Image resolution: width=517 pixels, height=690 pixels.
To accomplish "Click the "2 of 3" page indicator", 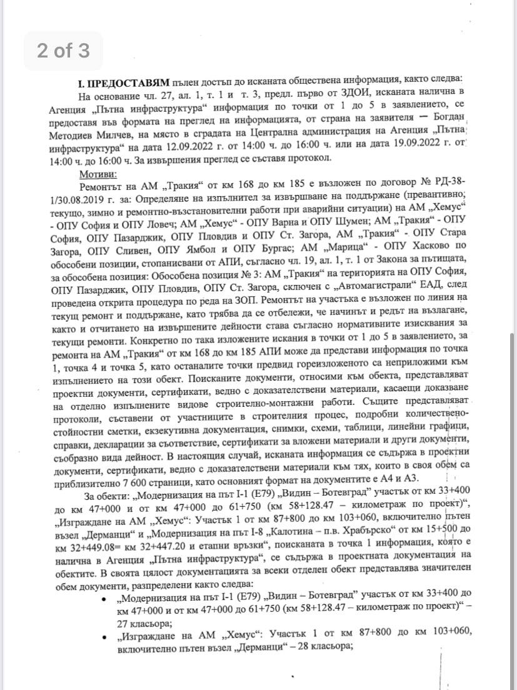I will [63, 50].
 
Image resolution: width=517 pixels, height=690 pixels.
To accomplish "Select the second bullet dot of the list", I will [104, 636].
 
